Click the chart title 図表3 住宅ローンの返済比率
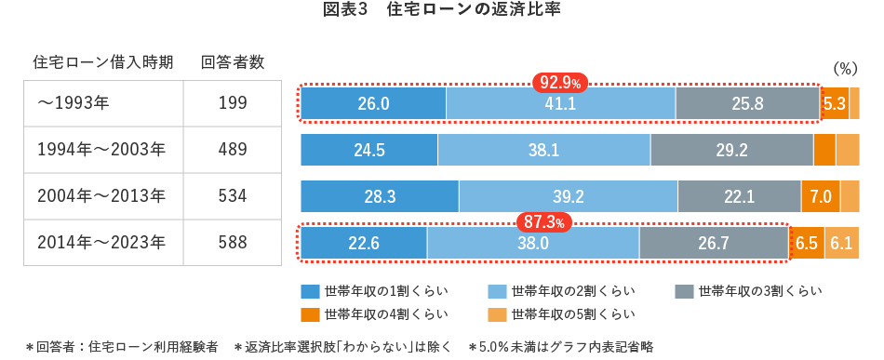tap(441, 12)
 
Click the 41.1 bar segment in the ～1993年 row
tap(560, 103)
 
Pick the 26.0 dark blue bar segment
tap(373, 103)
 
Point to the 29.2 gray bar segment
tap(731, 149)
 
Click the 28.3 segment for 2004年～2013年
tap(380, 196)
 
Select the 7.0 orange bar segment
tap(820, 196)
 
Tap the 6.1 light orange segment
tap(841, 243)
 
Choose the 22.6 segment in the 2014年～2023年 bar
tap(363, 243)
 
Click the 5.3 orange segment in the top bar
tap(834, 103)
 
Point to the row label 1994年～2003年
tap(101, 149)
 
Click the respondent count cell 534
tap(232, 196)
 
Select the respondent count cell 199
tap(232, 102)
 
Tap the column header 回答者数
tap(233, 62)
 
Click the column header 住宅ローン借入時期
tap(103, 62)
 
